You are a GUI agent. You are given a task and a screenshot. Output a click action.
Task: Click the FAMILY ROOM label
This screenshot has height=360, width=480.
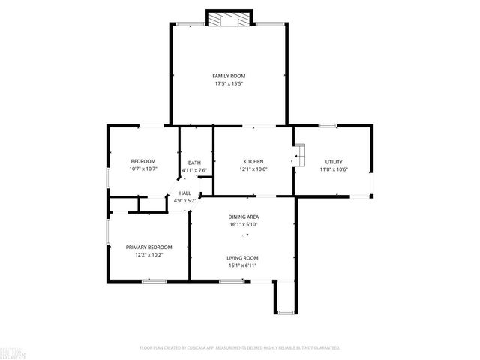229,76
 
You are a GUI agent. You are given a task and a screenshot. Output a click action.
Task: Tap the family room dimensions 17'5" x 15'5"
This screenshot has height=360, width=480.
229,83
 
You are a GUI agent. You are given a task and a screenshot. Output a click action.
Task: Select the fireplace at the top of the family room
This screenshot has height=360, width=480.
229,19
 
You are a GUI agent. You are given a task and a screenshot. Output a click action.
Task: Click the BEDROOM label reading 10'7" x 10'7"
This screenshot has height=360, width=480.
143,162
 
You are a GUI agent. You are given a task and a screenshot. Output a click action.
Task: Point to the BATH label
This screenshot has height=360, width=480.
194,163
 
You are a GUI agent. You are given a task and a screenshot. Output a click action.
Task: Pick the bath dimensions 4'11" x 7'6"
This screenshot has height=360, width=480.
194,170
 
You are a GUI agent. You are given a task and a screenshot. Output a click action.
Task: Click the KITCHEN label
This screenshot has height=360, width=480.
253,162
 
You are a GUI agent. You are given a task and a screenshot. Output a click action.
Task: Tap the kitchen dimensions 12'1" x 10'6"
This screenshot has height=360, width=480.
253,169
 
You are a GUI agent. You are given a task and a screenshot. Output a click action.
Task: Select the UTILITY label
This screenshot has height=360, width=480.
334,162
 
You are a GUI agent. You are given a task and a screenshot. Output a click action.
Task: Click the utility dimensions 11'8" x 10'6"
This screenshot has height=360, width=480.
334,169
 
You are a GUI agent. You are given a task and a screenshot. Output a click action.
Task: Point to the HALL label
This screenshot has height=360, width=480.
184,193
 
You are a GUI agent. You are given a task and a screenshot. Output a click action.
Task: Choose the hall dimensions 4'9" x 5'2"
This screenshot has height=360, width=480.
184,200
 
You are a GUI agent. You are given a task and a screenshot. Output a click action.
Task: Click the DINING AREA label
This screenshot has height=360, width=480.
243,217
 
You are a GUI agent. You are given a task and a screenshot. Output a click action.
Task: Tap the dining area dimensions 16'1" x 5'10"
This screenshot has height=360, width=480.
243,224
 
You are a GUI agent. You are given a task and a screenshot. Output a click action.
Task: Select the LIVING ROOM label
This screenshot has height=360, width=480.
242,258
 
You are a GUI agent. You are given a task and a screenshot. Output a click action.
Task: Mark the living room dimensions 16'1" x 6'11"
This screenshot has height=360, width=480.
242,265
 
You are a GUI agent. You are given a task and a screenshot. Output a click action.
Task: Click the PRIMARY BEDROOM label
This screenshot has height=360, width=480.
148,247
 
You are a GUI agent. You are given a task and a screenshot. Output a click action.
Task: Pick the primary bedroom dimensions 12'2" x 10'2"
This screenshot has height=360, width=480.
148,255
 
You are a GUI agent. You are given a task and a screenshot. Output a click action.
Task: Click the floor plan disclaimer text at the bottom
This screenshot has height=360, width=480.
240,348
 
